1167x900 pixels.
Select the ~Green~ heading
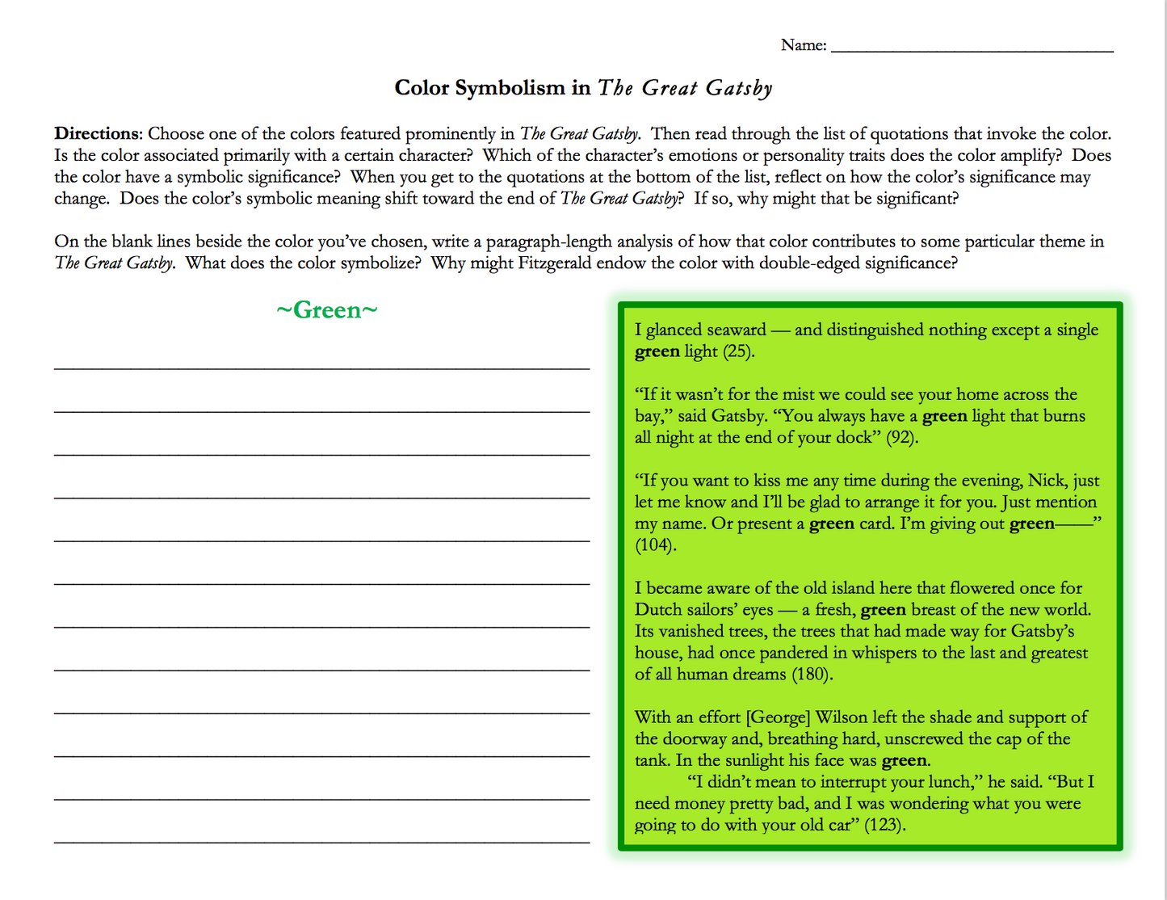pos(326,310)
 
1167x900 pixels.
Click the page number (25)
pos(737,351)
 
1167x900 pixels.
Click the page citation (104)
pos(655,545)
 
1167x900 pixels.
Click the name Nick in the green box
pos(1046,481)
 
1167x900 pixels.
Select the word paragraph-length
pos(548,242)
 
